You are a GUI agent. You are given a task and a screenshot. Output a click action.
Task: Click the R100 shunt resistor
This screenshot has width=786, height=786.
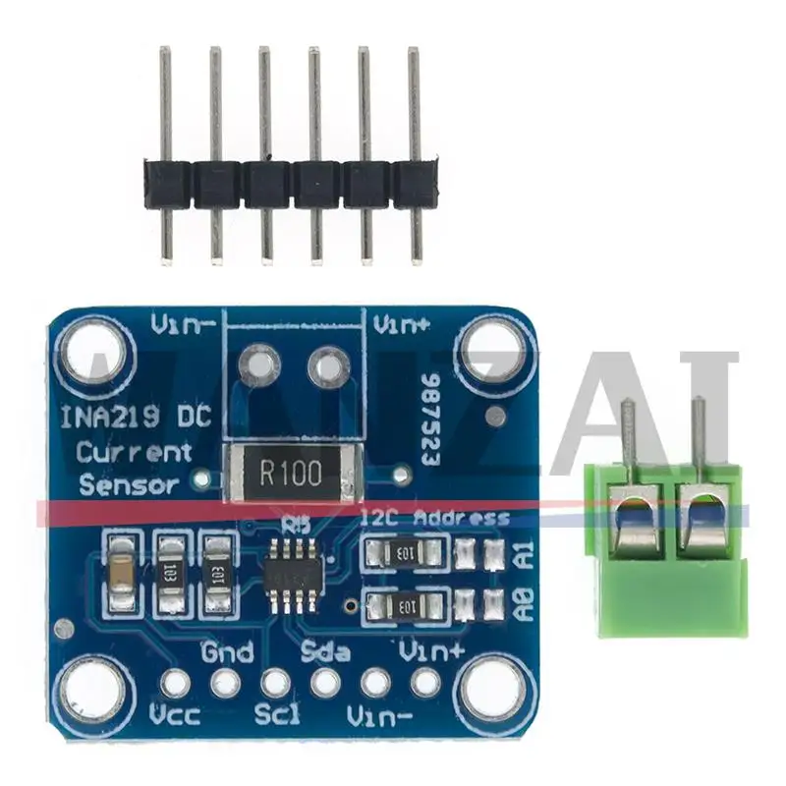pos(290,474)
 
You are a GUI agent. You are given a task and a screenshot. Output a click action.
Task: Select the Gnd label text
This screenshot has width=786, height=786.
pos(227,651)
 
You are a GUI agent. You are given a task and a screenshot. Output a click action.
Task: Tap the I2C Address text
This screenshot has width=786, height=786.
pos(435,518)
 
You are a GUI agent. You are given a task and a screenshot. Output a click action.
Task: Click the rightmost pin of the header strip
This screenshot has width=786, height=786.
pos(415,147)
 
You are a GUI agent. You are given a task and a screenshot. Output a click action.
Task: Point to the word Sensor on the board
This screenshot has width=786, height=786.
pos(128,483)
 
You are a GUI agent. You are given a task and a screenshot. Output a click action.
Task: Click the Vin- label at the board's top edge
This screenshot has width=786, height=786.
pos(184,323)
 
